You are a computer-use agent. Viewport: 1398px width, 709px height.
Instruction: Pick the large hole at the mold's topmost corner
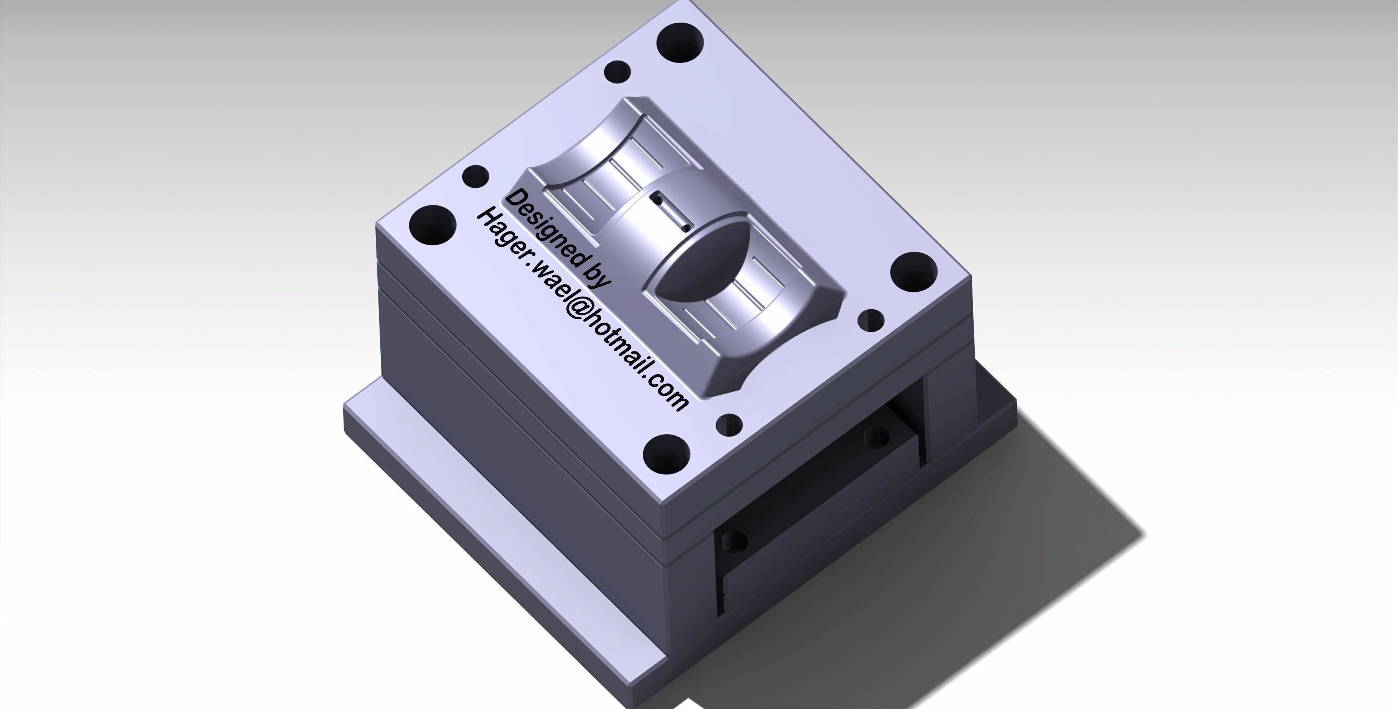pos(680,42)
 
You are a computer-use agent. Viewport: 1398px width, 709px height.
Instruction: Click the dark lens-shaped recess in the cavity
pos(706,261)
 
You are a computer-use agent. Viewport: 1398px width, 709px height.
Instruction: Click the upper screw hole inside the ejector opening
pos(875,437)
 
